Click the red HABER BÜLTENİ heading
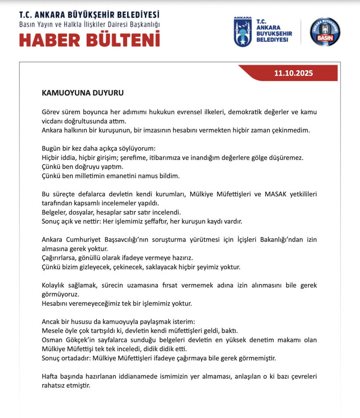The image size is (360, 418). pyautogui.click(x=90, y=39)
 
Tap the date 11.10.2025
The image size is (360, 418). pyautogui.click(x=294, y=73)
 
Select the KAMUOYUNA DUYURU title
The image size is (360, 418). pyautogui.click(x=83, y=93)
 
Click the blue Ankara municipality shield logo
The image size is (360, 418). pyautogui.click(x=242, y=32)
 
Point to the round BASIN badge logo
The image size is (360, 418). pyautogui.click(x=325, y=32)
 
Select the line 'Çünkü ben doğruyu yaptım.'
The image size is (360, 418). pyautogui.click(x=83, y=167)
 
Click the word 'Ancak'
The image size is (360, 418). pyautogui.click(x=51, y=322)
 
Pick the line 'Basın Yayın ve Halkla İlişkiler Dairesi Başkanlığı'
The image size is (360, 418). pyautogui.click(x=90, y=24)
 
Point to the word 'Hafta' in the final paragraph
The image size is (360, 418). pyautogui.click(x=50, y=377)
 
